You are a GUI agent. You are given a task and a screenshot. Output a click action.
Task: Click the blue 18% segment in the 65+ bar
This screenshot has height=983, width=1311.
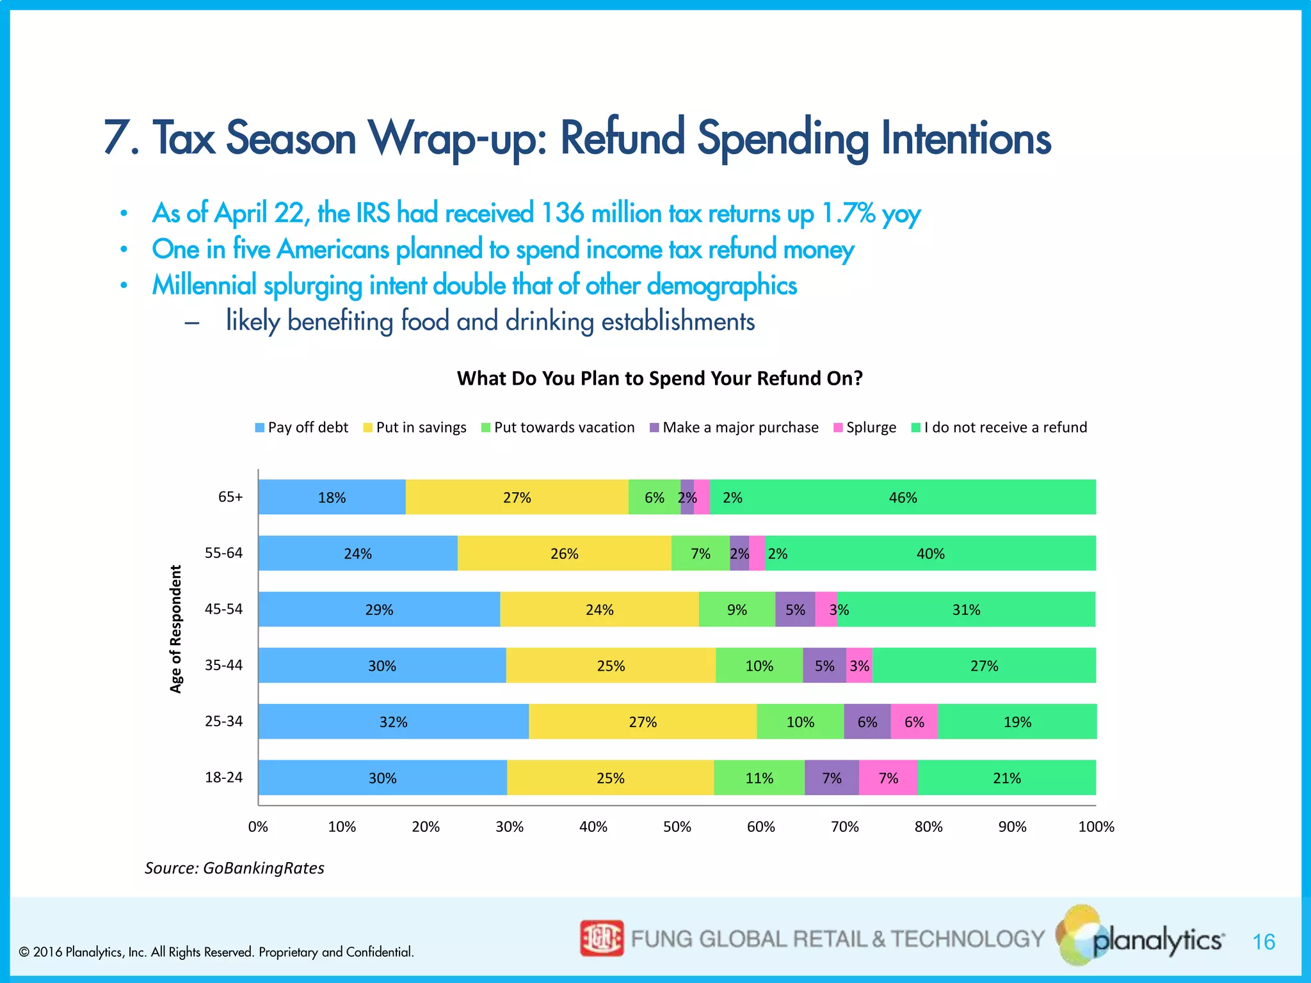pyautogui.click(x=332, y=497)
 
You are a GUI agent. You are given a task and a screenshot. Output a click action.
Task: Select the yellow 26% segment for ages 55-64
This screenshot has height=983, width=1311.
pyautogui.click(x=564, y=554)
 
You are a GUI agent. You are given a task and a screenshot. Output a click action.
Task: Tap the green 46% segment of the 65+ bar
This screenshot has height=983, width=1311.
pyautogui.click(x=903, y=497)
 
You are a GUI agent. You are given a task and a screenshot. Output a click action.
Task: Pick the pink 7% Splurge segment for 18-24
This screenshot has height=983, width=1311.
pyautogui.click(x=888, y=778)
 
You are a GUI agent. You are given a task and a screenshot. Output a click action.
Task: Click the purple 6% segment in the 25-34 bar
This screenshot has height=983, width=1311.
pyautogui.click(x=867, y=722)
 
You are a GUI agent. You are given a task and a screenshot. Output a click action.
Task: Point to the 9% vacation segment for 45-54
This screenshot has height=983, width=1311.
pyautogui.click(x=737, y=610)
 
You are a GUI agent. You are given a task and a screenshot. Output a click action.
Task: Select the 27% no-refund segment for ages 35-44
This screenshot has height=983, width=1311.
pyautogui.click(x=984, y=666)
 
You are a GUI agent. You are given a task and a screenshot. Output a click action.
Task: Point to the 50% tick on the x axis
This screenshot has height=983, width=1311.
pyautogui.click(x=677, y=827)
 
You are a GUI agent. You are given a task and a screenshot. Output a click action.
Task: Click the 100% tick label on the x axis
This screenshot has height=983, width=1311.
pyautogui.click(x=1096, y=827)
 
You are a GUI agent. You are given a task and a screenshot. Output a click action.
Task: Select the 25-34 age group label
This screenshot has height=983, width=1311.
pyautogui.click(x=223, y=721)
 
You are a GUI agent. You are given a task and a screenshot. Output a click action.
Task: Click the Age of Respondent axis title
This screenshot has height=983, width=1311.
pyautogui.click(x=176, y=628)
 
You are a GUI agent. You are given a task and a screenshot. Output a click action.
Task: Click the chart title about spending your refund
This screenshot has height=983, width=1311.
pyautogui.click(x=659, y=378)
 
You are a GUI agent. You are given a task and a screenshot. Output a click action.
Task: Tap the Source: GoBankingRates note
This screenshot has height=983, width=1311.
pyautogui.click(x=234, y=868)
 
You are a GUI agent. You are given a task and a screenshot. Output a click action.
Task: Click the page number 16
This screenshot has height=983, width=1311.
pyautogui.click(x=1264, y=942)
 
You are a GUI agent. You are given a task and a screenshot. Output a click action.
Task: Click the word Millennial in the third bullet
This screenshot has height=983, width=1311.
pyautogui.click(x=204, y=285)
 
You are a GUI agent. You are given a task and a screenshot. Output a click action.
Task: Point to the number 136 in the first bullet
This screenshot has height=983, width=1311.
pyautogui.click(x=562, y=214)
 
